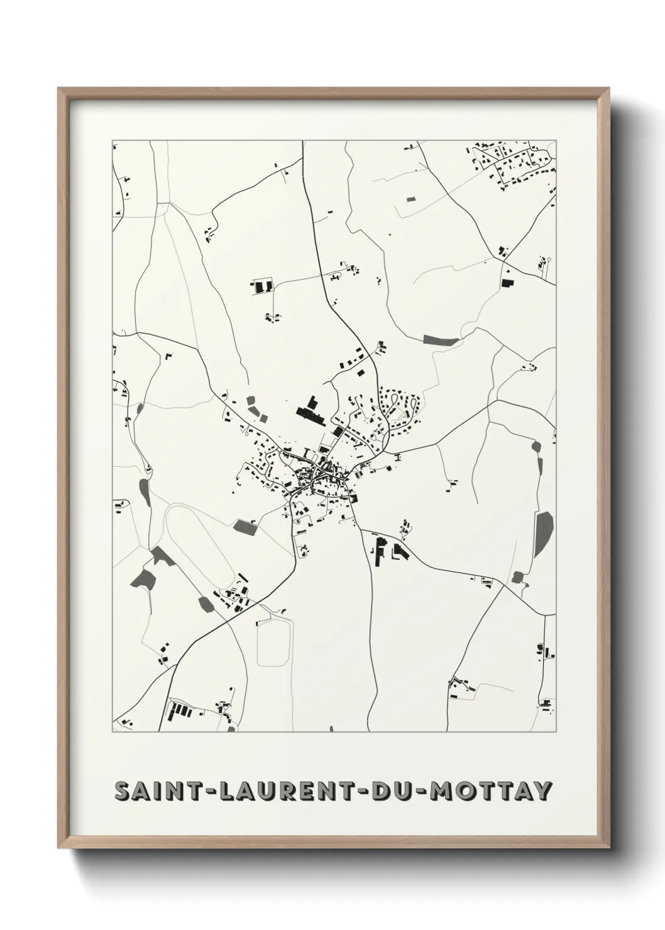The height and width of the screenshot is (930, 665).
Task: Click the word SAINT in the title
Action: (155, 791)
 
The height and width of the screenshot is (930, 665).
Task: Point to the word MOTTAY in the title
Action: (490, 791)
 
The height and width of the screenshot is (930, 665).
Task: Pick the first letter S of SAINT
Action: (122, 791)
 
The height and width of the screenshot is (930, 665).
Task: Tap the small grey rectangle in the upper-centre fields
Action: (411, 199)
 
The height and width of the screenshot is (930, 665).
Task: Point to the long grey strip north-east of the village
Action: (442, 340)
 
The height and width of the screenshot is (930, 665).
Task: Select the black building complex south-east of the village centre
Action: (387, 552)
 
